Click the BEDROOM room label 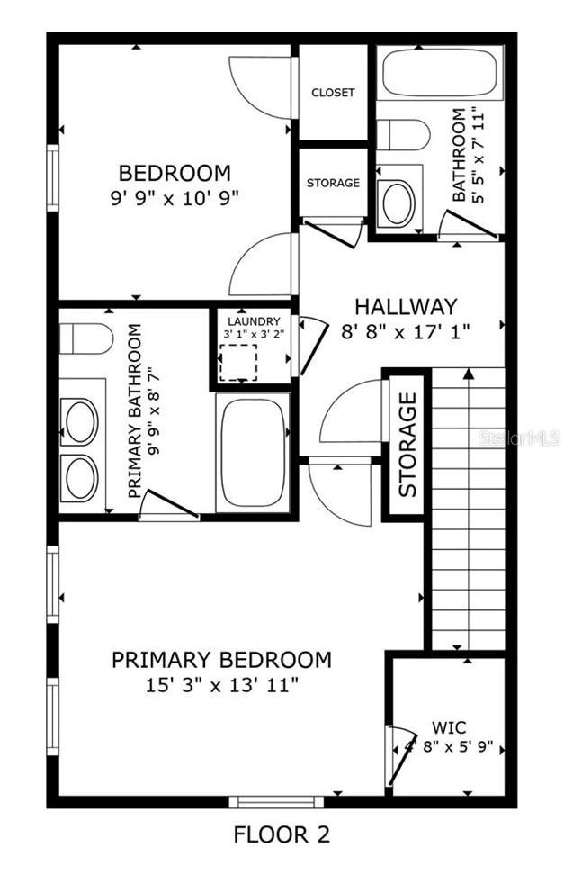(x=175, y=172)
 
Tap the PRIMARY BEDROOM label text (x=221, y=660)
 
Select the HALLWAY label (x=405, y=306)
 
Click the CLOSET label (x=333, y=93)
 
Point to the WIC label (x=447, y=726)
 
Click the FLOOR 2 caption (x=282, y=834)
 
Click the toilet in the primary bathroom (x=85, y=339)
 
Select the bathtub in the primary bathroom (x=253, y=451)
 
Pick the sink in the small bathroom (x=398, y=203)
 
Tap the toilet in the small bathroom (x=402, y=135)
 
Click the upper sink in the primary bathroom (x=81, y=421)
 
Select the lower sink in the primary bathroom (x=81, y=477)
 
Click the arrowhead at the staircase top (x=468, y=373)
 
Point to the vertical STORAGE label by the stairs (x=407, y=444)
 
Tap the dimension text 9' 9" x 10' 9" (x=175, y=196)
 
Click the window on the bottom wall (x=275, y=801)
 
